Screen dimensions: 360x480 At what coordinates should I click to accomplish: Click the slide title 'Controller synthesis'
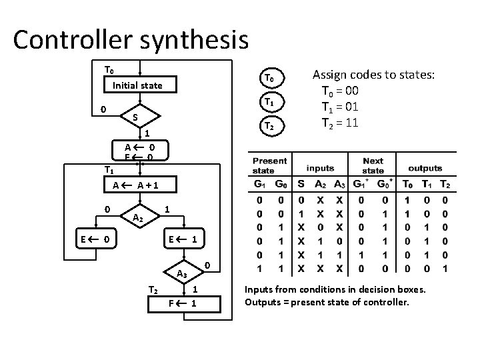coord(131,39)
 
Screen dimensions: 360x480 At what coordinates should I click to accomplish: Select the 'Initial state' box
coord(137,85)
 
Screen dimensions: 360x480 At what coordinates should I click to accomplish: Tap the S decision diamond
coord(135,117)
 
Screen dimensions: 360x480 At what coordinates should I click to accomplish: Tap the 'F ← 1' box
coord(181,304)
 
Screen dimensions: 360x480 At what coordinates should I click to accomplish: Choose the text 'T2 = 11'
coord(341,123)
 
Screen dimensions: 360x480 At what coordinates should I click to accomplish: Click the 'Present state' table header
coord(270,165)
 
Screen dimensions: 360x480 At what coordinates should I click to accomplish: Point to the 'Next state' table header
coord(373,165)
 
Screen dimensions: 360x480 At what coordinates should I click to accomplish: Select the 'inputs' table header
coord(321,168)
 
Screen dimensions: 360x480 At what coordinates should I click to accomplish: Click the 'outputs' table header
coord(425,168)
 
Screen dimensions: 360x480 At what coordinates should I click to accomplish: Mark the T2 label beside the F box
coord(153,289)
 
